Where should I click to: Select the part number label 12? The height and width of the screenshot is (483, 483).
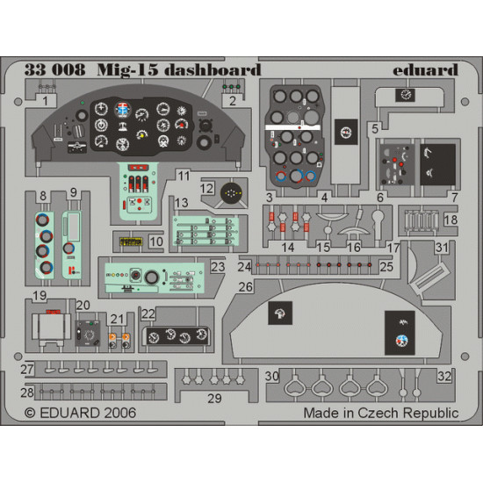pos(207,188)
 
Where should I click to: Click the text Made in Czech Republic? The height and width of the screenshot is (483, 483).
pos(380,412)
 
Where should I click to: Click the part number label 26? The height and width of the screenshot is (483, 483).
pos(246,285)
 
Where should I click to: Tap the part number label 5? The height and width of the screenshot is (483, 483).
pos(374,128)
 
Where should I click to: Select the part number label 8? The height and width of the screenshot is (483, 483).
pos(43,194)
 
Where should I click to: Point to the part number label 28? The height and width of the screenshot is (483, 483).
pos(28,392)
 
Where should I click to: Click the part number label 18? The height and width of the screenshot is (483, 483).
pos(450,221)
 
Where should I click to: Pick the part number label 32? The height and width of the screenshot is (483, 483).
pos(445,376)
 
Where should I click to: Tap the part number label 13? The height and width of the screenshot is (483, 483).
pos(181,203)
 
